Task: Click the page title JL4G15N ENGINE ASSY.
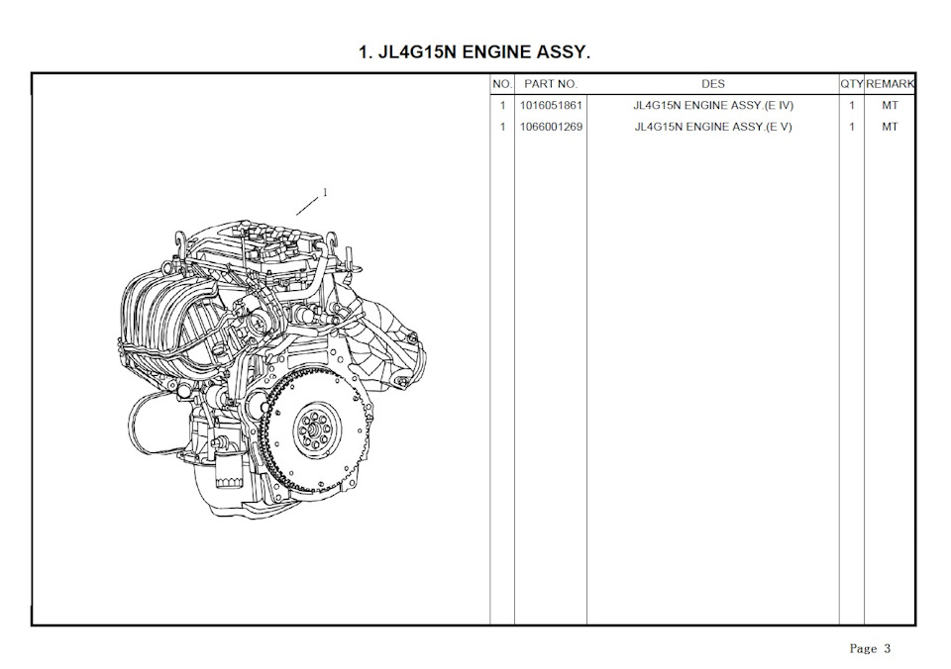click(x=475, y=52)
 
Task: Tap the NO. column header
click(x=502, y=84)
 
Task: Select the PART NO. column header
click(x=551, y=84)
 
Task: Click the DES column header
click(x=713, y=84)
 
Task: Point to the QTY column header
click(x=852, y=84)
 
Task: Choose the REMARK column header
click(x=890, y=84)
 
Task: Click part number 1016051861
click(x=551, y=106)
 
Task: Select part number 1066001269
click(x=551, y=127)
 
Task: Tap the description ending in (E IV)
click(x=713, y=106)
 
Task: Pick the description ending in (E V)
click(x=713, y=127)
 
